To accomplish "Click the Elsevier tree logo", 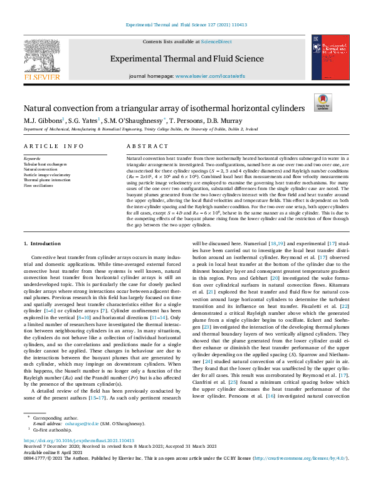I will (x=42, y=56).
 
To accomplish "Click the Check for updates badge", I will (x=322, y=102).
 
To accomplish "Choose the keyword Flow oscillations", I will (x=39, y=186).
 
